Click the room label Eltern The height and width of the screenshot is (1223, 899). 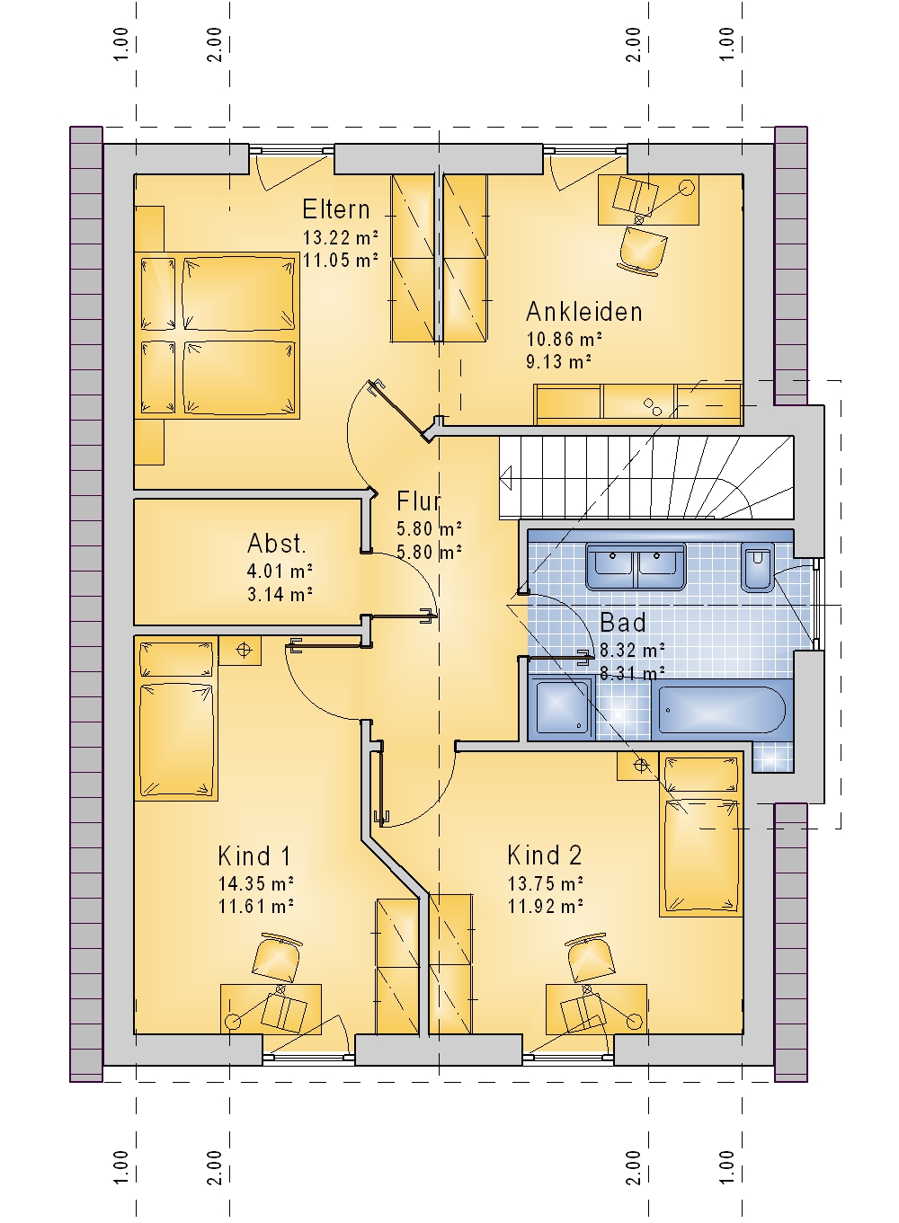[x=336, y=209]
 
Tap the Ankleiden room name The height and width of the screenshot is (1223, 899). [x=583, y=312]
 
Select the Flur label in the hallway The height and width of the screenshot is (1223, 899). [x=418, y=501]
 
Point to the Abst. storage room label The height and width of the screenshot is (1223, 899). [x=276, y=544]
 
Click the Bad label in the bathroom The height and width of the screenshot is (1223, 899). [x=623, y=623]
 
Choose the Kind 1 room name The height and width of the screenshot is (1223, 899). [x=254, y=855]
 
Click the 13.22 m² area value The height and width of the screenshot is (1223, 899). [x=341, y=237]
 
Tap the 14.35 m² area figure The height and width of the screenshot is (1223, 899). [x=256, y=882]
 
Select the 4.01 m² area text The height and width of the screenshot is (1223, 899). [x=280, y=572]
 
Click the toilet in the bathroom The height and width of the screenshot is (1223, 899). [x=758, y=567]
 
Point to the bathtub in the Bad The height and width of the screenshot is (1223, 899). [x=722, y=710]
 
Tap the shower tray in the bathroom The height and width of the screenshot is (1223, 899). [x=565, y=708]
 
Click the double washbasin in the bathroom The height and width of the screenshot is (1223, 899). [x=636, y=567]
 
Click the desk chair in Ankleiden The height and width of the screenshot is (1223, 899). [x=644, y=247]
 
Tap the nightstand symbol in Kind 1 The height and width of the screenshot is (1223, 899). [x=244, y=650]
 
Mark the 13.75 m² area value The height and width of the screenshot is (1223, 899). [x=546, y=882]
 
